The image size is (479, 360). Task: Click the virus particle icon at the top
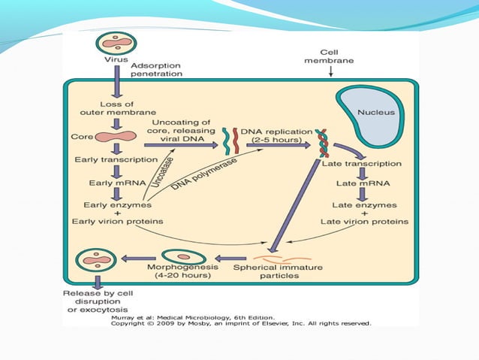click(115, 44)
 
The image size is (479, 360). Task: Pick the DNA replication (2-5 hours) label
click(273, 135)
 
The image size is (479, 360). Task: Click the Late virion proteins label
click(364, 222)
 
